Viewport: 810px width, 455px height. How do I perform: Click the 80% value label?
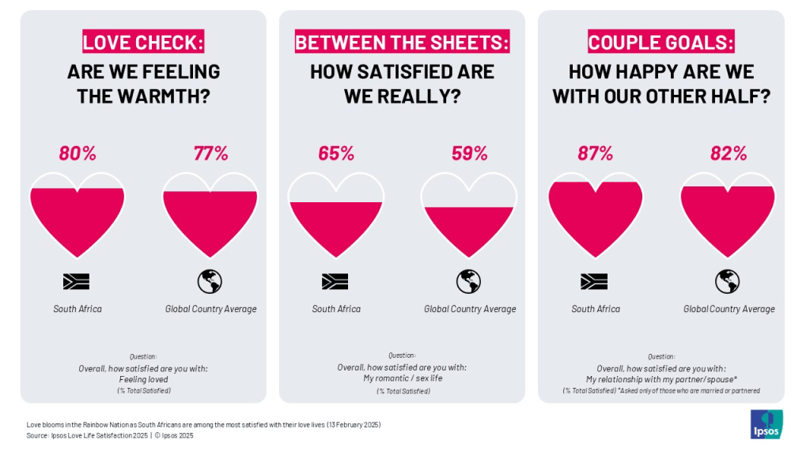77,153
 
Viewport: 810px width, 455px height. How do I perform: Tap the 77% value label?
210,153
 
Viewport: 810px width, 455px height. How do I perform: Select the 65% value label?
336,153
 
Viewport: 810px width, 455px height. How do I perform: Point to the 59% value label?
469,153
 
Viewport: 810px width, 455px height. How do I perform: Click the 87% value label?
595,153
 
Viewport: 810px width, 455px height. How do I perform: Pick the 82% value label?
729,153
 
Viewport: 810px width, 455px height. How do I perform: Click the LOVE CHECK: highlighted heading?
143,42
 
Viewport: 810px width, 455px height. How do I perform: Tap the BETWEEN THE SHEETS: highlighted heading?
402,42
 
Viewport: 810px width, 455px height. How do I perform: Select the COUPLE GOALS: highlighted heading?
660,42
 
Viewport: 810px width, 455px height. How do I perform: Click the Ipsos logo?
766,424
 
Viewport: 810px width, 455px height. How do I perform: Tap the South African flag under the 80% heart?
77,281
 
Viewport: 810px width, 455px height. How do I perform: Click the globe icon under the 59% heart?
469,281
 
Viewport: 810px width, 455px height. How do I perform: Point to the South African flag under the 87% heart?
594,281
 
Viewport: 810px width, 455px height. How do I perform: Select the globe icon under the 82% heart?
728,281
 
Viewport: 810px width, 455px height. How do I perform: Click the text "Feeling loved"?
143,379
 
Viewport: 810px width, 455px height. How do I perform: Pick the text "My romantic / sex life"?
402,378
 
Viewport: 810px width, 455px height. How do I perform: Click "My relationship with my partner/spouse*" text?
660,379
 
